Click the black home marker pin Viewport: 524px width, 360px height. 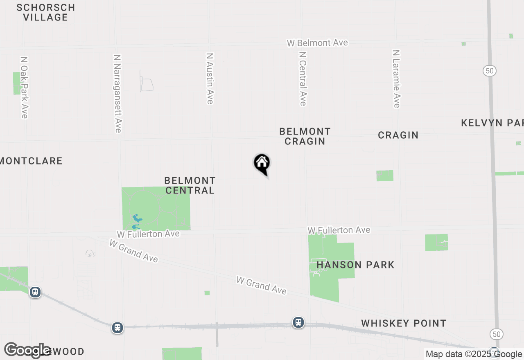click(262, 164)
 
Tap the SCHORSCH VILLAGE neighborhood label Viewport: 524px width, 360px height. click(46, 12)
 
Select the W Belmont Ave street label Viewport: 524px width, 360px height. click(317, 43)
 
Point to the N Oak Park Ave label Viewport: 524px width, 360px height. click(24, 88)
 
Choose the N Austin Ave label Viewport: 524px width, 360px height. click(210, 78)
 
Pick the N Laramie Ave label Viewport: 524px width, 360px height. click(396, 79)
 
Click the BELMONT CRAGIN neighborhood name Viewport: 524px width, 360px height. click(305, 136)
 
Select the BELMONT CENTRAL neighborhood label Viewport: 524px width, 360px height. click(190, 185)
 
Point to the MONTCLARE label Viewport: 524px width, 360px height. click(31, 161)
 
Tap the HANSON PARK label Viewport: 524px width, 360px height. click(355, 265)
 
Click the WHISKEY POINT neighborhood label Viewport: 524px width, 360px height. click(403, 323)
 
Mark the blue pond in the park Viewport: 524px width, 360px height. click(137, 221)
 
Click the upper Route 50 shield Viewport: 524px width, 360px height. click(489, 71)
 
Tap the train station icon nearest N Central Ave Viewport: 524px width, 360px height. click(298, 322)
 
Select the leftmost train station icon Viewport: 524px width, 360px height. click(35, 292)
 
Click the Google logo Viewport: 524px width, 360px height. click(27, 350)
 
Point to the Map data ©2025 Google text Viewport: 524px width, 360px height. click(474, 354)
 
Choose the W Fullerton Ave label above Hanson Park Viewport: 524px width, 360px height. click(339, 230)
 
